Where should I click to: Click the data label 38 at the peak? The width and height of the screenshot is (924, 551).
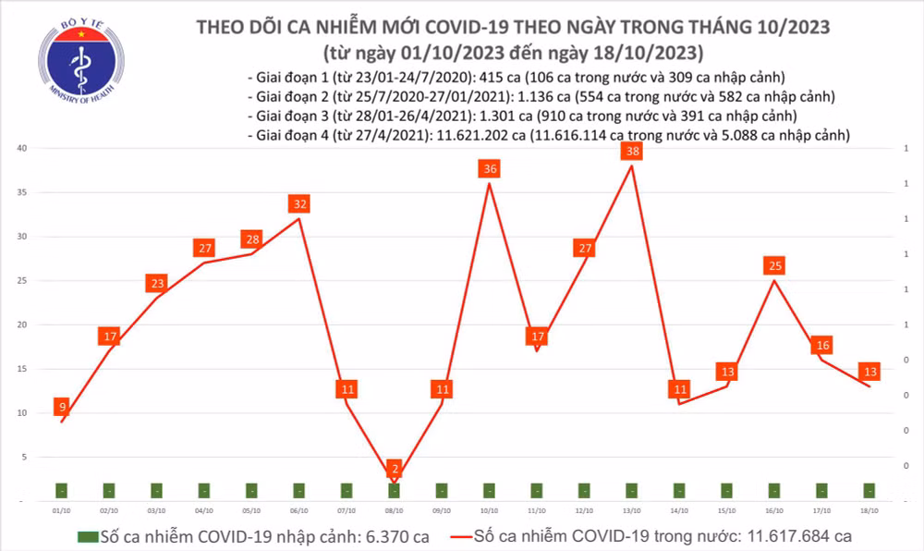(632, 151)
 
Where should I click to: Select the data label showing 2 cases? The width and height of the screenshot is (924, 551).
(395, 470)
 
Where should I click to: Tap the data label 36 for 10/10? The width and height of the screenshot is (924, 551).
(490, 168)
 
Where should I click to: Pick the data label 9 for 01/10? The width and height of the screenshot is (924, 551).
(61, 407)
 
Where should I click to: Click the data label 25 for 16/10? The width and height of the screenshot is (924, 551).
(775, 266)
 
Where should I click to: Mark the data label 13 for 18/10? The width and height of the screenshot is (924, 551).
(869, 372)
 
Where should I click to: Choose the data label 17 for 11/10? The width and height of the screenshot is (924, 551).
(537, 337)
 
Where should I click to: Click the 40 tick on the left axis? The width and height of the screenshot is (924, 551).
(21, 149)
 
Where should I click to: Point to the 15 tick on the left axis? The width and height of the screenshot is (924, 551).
(21, 369)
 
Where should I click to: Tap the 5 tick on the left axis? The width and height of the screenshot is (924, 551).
(23, 458)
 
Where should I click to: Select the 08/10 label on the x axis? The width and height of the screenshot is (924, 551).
(395, 510)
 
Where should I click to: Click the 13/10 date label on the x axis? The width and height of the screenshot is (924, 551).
(632, 510)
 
